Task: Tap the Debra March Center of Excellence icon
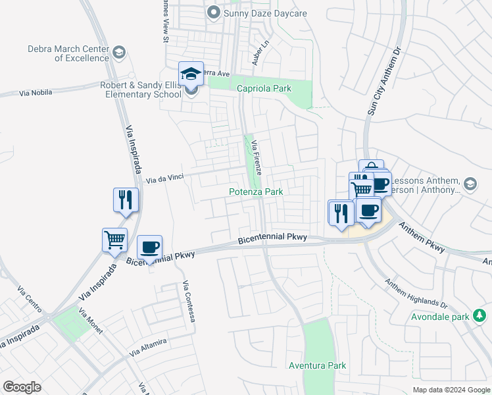[119, 53]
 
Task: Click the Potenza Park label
[256, 192]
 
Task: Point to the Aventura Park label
[317, 365]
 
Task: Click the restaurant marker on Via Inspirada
[126, 199]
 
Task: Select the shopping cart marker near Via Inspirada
[114, 240]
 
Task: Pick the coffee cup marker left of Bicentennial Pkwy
[149, 247]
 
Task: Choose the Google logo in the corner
[22, 387]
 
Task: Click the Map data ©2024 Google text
[451, 390]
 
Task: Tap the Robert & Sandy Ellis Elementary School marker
[191, 74]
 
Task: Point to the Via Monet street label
[90, 321]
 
